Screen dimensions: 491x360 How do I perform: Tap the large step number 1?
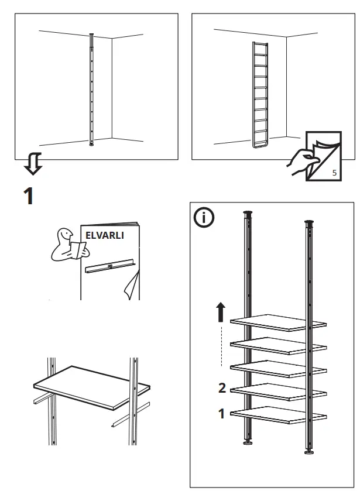click(28, 195)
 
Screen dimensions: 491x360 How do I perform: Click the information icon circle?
click(204, 218)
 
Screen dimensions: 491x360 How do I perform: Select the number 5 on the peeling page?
click(334, 173)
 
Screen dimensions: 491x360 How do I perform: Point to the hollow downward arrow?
click(33, 163)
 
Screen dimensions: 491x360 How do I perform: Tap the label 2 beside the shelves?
click(221, 387)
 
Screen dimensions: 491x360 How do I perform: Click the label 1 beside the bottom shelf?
click(221, 414)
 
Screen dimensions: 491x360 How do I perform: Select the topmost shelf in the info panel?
click(277, 321)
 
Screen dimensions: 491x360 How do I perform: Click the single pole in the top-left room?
click(91, 88)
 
